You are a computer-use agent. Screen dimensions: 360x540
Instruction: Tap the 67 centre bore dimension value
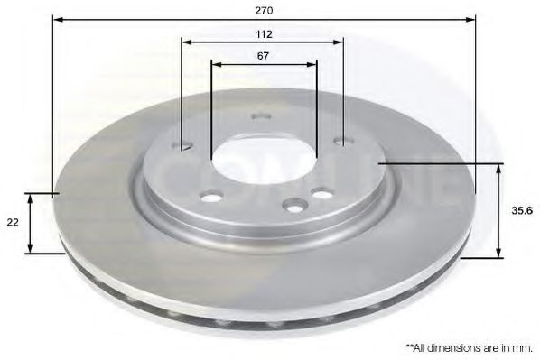coord(263,55)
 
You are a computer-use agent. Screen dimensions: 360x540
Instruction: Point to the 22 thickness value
coord(13,222)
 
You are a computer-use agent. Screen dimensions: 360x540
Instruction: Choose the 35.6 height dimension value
coord(520,210)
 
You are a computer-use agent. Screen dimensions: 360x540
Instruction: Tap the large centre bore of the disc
coord(264,162)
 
